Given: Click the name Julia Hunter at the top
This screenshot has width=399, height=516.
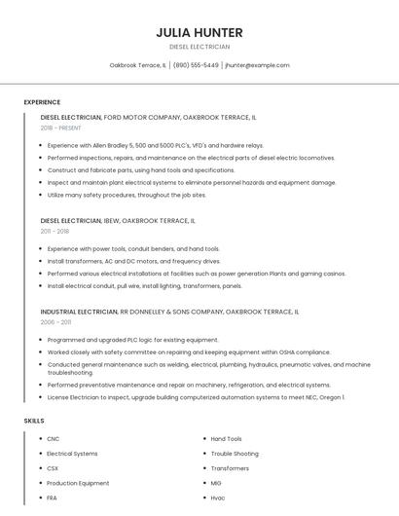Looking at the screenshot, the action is pos(199,32).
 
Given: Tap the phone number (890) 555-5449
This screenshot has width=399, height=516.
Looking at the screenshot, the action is pos(196,65).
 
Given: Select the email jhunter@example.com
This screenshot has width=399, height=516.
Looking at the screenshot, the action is pos(257,65).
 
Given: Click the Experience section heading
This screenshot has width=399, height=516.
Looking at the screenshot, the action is pos(42,102).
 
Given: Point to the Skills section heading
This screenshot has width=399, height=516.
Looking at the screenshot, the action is pos(34,421).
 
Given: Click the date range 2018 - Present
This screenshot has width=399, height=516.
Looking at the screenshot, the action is pos(61,128).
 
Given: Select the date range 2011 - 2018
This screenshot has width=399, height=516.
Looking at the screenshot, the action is pos(54,232).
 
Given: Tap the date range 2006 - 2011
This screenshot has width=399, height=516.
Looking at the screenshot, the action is pos(55,321).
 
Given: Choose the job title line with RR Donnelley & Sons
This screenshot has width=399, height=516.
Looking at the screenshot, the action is pos(170,312).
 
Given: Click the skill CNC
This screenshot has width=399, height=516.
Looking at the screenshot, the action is pos(53,439).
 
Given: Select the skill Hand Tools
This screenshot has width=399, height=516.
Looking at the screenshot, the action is pos(226,439).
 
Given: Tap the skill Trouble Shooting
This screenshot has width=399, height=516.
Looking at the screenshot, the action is pos(235,454).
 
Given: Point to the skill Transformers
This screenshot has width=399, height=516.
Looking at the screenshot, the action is pos(230,468).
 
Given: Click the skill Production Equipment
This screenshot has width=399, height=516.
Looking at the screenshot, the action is pos(78,483).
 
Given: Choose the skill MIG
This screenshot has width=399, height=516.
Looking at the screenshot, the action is pos(216,483).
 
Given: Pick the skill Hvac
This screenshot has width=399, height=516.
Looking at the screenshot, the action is pos(218,498).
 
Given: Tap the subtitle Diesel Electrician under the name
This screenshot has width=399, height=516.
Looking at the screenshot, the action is pos(199,46).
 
